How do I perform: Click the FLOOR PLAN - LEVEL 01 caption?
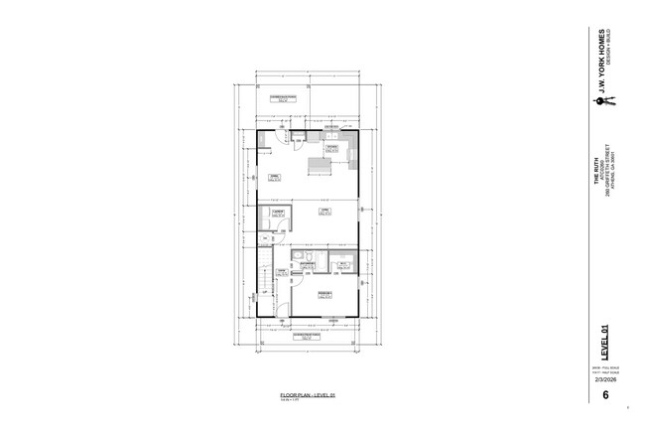click(x=309, y=395)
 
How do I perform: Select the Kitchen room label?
click(x=330, y=148)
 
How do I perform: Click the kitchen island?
click(x=321, y=164)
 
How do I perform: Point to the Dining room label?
click(x=274, y=176)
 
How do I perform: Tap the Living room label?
click(x=323, y=211)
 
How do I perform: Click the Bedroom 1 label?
click(x=324, y=295)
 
